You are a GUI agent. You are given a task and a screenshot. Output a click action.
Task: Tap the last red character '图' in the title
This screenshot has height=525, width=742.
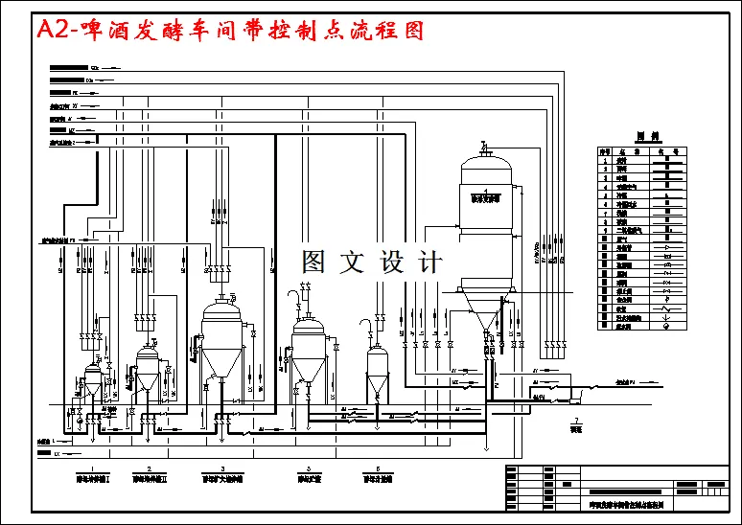click(410, 31)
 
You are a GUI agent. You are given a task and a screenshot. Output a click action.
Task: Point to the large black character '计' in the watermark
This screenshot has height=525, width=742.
click(431, 262)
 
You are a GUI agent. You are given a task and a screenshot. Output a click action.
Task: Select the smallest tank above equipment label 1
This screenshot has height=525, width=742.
click(92, 378)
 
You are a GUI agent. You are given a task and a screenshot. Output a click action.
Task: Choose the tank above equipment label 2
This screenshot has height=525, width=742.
click(147, 369)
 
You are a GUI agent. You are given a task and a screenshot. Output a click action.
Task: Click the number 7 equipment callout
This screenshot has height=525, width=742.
click(575, 422)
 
